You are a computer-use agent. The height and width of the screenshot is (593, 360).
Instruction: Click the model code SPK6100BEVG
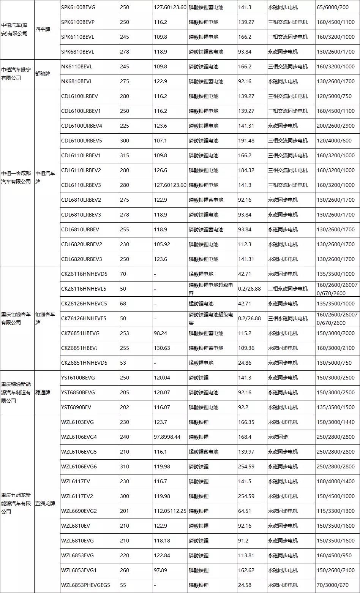(77, 7)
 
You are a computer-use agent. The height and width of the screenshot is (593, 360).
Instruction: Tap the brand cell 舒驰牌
(43, 74)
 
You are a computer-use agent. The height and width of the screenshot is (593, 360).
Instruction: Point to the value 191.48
(246, 141)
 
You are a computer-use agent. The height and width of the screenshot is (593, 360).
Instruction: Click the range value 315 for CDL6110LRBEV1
(125, 155)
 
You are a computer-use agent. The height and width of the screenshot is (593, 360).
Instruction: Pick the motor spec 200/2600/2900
(336, 126)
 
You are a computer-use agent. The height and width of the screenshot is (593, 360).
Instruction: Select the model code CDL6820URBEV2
(82, 244)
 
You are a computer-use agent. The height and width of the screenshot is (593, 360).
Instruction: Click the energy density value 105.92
(162, 244)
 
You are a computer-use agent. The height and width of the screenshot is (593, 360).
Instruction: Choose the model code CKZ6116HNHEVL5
(84, 289)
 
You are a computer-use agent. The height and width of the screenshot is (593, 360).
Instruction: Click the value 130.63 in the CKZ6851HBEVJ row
(162, 348)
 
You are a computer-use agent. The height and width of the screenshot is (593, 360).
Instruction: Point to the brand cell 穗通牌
(43, 392)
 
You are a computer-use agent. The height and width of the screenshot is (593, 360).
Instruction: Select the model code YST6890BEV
(76, 407)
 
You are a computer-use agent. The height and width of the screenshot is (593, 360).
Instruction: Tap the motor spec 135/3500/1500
(336, 407)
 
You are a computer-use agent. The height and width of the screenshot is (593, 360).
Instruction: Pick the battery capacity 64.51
(245, 511)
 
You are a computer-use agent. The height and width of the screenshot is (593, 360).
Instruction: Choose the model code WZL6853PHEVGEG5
(85, 585)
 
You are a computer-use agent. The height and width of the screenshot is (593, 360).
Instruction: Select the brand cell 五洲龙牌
(45, 503)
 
